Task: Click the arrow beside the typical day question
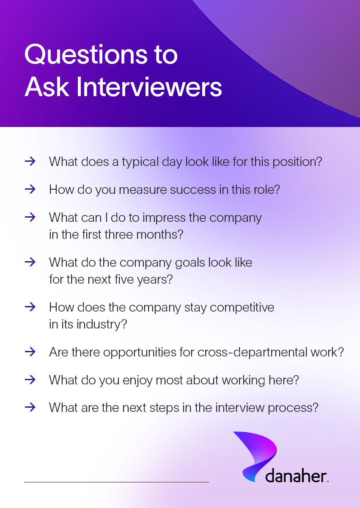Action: click(30, 161)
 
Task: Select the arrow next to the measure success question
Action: click(30, 189)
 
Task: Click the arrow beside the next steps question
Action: click(30, 408)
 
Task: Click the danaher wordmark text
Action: click(296, 476)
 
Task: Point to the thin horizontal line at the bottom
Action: click(116, 482)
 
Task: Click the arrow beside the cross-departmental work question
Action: click(30, 352)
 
